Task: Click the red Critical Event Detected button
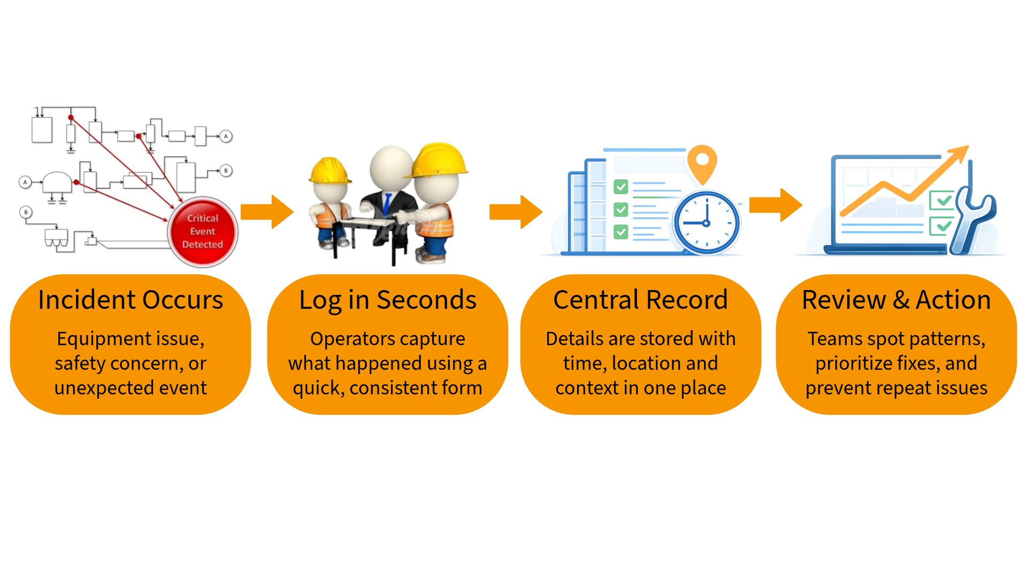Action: [203, 232]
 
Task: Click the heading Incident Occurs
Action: [131, 300]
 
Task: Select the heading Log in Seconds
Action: [388, 300]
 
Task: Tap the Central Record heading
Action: [640, 300]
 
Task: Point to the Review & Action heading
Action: [896, 300]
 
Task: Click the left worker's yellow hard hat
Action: [327, 170]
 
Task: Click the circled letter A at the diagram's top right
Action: [226, 136]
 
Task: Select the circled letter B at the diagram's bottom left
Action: [26, 212]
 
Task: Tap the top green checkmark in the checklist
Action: [621, 187]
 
